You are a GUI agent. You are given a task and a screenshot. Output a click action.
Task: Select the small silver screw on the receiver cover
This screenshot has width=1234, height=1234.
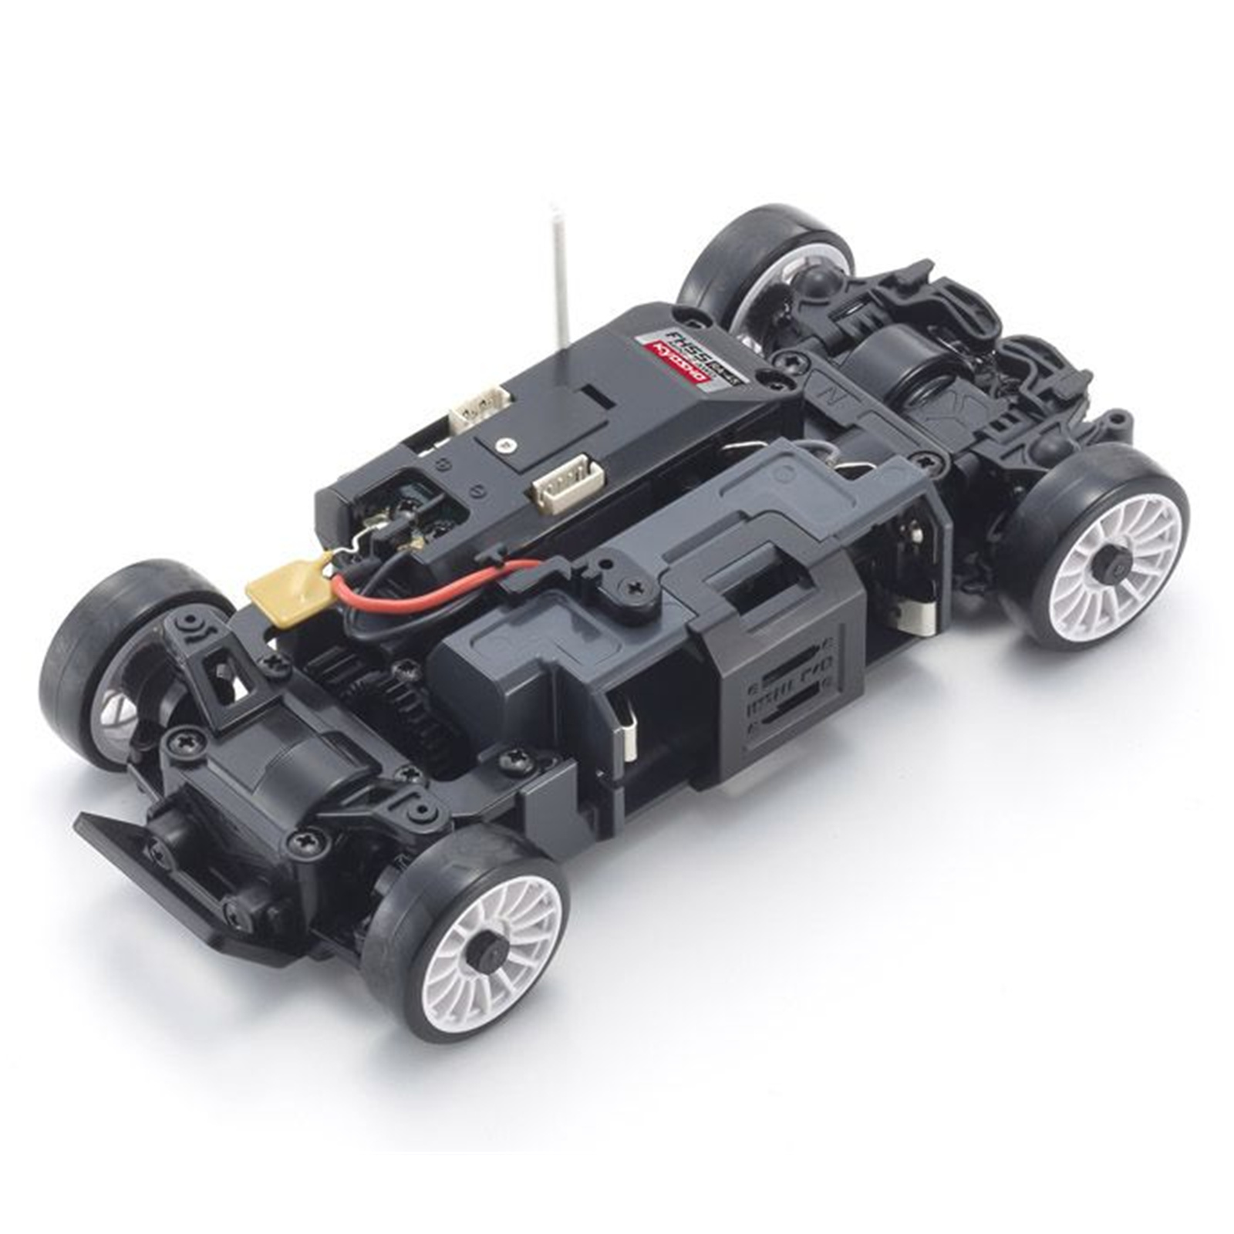tap(505, 444)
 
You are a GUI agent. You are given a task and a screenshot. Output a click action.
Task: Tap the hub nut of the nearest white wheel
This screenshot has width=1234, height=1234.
tap(486, 956)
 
